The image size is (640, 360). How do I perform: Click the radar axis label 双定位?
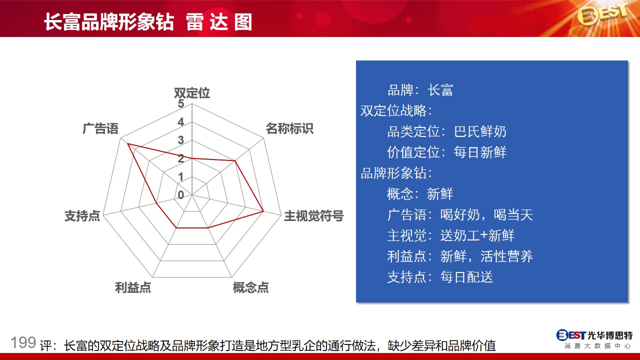click(x=192, y=93)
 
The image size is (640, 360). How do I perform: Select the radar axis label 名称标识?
click(x=289, y=128)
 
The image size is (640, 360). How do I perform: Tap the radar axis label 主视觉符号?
click(x=313, y=215)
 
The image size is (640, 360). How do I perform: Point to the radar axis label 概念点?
click(x=250, y=287)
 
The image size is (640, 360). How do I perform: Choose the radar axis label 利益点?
click(x=133, y=287)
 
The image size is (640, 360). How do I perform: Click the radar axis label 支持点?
click(x=82, y=215)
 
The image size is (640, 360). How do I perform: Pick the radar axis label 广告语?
click(x=100, y=128)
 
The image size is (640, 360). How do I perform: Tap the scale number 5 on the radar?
click(x=180, y=103)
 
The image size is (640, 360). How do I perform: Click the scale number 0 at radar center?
click(x=180, y=195)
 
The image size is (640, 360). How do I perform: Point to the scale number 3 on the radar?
click(x=180, y=140)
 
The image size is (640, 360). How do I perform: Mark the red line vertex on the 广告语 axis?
click(x=128, y=143)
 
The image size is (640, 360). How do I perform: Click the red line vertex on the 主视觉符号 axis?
click(x=263, y=211)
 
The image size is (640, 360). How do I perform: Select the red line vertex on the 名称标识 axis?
click(x=235, y=161)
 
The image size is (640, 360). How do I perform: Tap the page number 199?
click(x=23, y=342)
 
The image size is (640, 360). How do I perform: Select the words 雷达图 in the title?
click(x=219, y=22)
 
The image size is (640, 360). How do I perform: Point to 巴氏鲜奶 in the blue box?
click(x=480, y=131)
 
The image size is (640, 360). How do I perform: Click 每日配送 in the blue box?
click(x=466, y=277)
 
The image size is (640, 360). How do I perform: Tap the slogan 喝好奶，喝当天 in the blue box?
click(x=486, y=214)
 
